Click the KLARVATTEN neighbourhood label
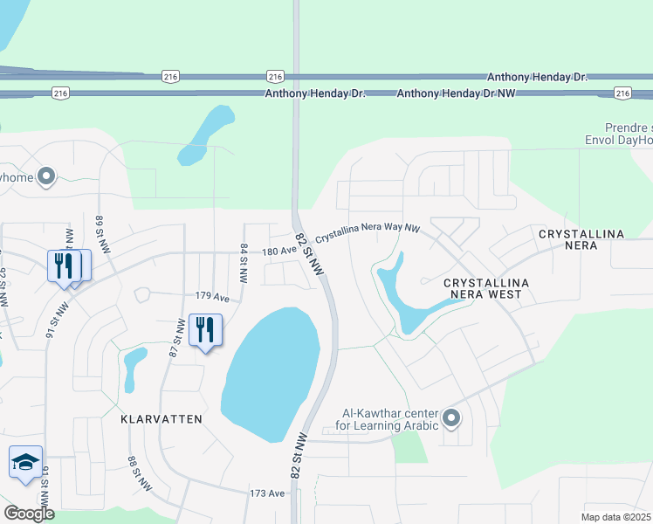[162, 419]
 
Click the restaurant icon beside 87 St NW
[205, 330]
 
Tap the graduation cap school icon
[25, 462]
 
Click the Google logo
[28, 514]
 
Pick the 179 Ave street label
[212, 298]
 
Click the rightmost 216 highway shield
[622, 93]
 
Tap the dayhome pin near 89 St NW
[47, 177]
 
